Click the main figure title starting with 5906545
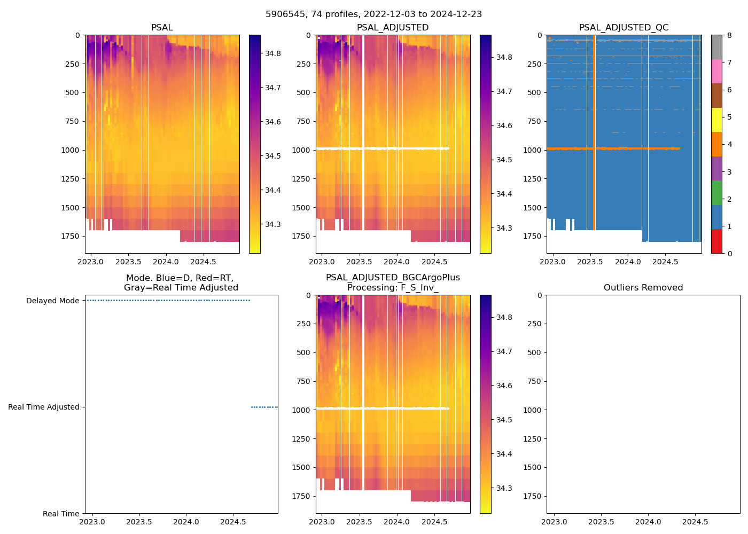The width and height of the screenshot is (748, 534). coord(373,14)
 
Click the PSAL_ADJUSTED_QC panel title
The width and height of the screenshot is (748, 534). coord(624,28)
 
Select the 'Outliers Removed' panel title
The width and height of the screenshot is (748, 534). coord(643,288)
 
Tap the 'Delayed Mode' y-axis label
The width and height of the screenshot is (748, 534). coord(52,301)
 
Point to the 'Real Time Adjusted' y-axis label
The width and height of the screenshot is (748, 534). coord(43,407)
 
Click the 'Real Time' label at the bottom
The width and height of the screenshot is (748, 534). coord(61,514)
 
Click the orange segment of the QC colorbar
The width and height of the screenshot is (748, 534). coord(716,144)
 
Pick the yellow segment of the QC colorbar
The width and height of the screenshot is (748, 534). coord(716,120)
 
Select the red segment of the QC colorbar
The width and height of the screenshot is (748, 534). coord(716,241)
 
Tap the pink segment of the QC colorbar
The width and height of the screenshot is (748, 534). coord(716,72)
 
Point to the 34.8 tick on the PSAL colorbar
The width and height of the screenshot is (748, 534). coord(273,53)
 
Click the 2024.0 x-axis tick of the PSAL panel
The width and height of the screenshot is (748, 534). coord(166,262)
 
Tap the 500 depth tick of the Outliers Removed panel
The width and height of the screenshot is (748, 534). coord(535,352)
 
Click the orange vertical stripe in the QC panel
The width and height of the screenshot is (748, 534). coord(594,133)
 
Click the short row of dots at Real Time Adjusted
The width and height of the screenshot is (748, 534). coord(264,407)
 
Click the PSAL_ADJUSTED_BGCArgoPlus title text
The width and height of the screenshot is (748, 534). coord(393,278)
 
